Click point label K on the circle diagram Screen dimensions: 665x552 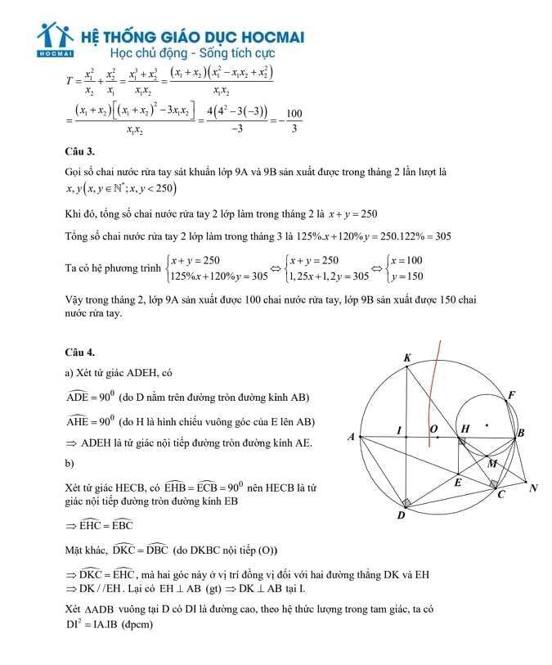coord(407,357)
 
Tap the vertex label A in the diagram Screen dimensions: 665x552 coord(351,438)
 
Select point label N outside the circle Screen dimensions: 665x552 coord(533,488)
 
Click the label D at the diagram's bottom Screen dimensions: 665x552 coord(401,515)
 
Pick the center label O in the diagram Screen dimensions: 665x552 coord(433,429)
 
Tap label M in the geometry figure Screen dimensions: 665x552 coord(492,464)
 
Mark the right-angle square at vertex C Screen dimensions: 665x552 coord(494,484)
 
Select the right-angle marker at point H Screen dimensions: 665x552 coord(461,442)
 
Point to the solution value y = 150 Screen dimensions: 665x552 coord(408,276)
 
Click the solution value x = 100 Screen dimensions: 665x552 coord(407,261)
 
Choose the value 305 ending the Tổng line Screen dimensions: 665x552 coord(438,236)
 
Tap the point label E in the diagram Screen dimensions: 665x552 coord(458,483)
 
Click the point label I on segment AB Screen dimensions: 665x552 coord(399,430)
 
